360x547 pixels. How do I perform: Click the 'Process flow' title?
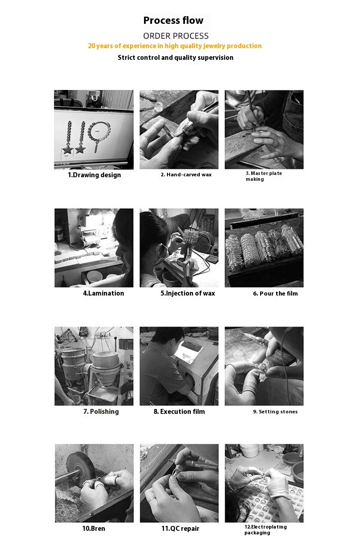point(173,21)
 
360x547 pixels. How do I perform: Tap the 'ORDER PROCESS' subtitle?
point(176,36)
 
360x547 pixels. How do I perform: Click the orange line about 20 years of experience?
point(175,46)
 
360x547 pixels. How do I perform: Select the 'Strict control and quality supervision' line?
point(175,58)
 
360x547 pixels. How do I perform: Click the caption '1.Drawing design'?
point(94,175)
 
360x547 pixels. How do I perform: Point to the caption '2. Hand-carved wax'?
point(186,175)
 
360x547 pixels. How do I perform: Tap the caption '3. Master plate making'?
point(264,176)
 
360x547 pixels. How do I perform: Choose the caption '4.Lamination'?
point(103,293)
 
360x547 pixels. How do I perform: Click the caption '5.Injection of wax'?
point(188,293)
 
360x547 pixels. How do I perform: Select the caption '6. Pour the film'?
point(275,294)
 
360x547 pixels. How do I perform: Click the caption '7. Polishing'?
point(101,412)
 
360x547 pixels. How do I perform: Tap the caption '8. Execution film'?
point(179,412)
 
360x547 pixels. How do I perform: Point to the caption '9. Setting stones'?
point(275,412)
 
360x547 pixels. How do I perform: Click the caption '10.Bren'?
point(94,529)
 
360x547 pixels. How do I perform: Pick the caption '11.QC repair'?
point(180,529)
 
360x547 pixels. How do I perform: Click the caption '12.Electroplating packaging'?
point(265,529)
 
